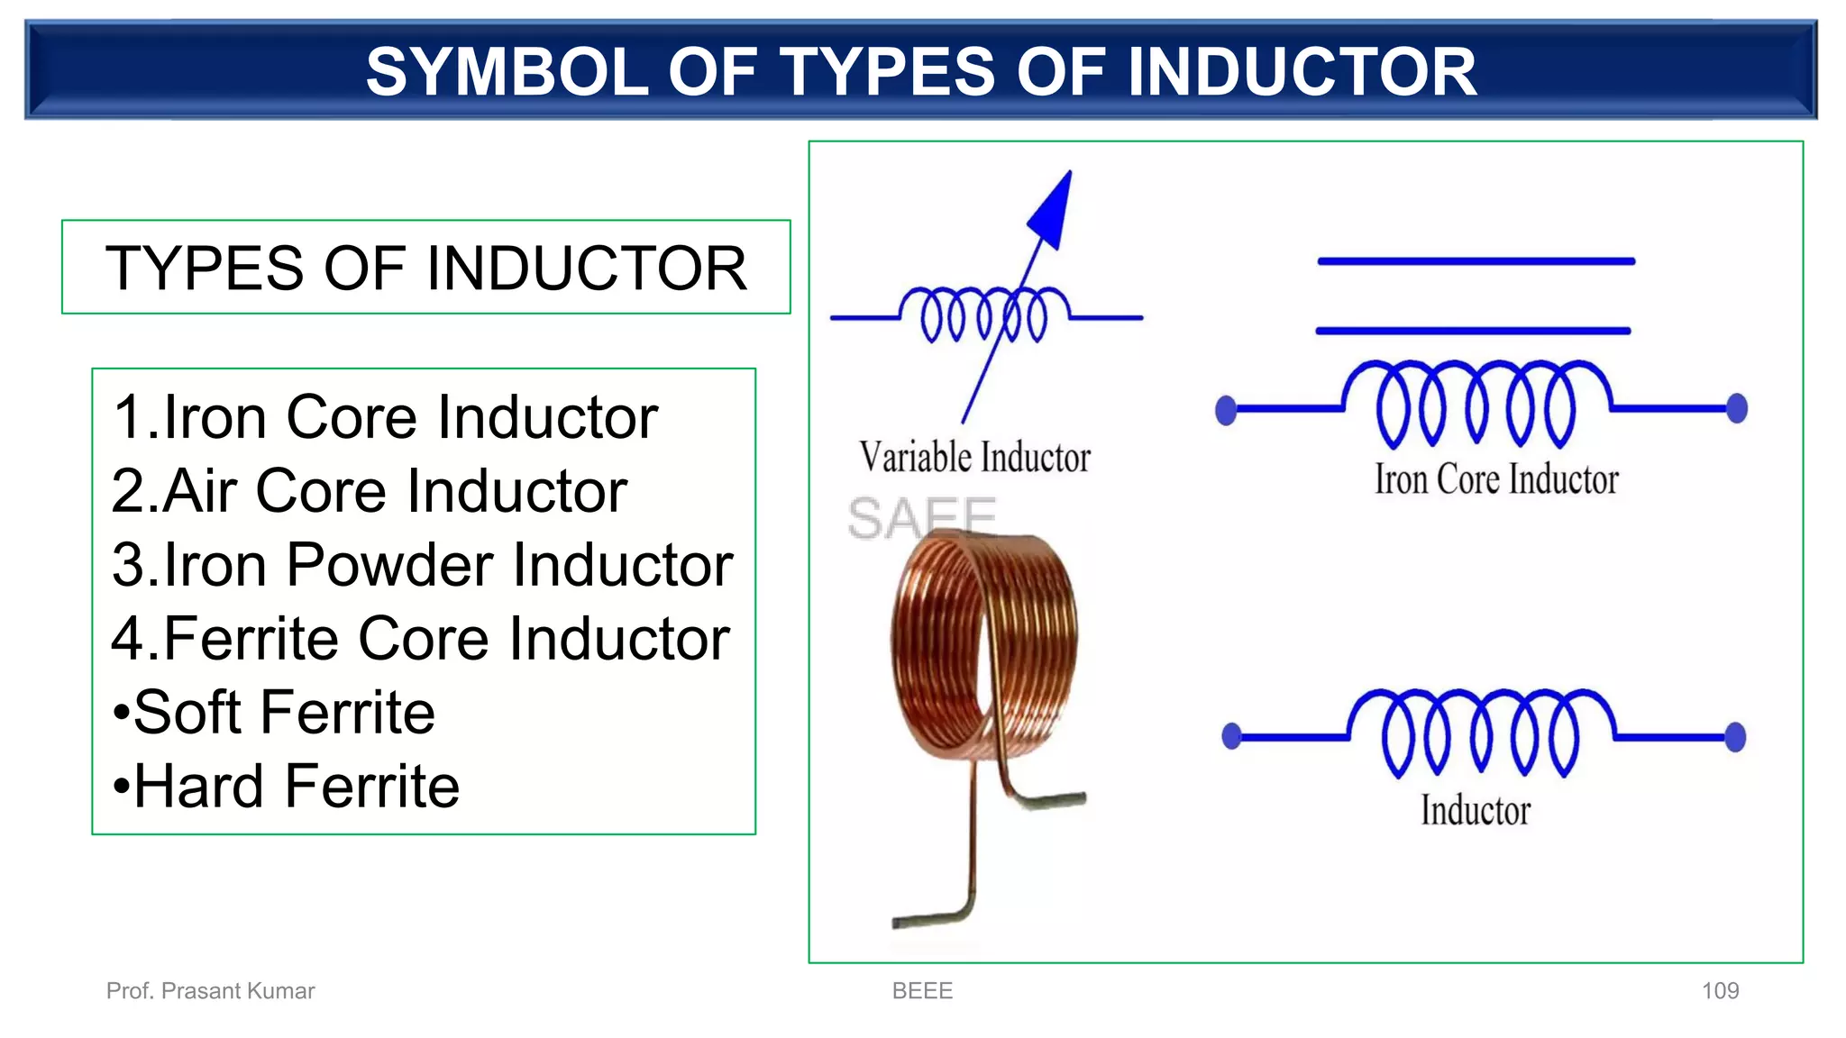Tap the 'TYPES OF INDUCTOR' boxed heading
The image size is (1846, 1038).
click(425, 268)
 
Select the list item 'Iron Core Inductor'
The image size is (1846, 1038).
click(386, 417)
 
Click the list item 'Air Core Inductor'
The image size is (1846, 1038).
click(370, 491)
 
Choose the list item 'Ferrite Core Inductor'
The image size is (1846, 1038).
click(420, 639)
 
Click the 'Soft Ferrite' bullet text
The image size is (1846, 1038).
click(275, 713)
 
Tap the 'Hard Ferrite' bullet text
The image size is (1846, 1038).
click(287, 787)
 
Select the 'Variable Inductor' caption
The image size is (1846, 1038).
click(974, 458)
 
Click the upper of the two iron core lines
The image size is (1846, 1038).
click(1476, 261)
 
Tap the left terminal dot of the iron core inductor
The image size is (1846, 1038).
click(1226, 410)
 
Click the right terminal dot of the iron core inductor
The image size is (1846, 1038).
click(1736, 408)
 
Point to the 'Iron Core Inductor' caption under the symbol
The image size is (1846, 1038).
click(1496, 480)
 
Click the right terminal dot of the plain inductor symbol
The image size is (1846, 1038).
click(1735, 737)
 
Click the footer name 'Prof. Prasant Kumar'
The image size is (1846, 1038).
click(210, 991)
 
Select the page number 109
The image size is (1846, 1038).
click(1720, 991)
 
